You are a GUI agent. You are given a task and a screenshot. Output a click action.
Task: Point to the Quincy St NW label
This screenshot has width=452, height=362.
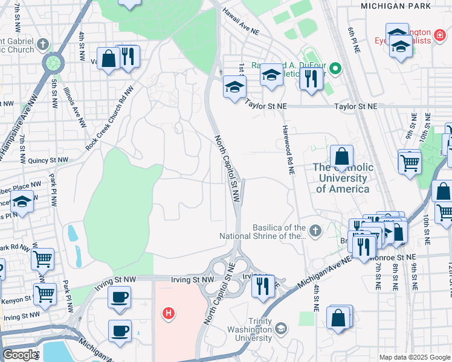[x=48, y=160]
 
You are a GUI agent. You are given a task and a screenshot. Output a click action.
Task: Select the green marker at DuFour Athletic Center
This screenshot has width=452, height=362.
[x=334, y=68]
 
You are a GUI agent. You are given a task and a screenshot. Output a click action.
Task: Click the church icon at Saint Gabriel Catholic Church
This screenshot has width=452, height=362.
[x=43, y=44]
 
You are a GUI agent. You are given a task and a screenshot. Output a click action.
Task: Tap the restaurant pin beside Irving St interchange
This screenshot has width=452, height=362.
[x=262, y=285]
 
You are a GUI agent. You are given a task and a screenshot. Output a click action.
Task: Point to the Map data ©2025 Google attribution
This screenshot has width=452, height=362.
[x=414, y=357]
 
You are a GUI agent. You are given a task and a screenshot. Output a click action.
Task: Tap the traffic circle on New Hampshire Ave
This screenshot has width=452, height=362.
[x=53, y=63]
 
